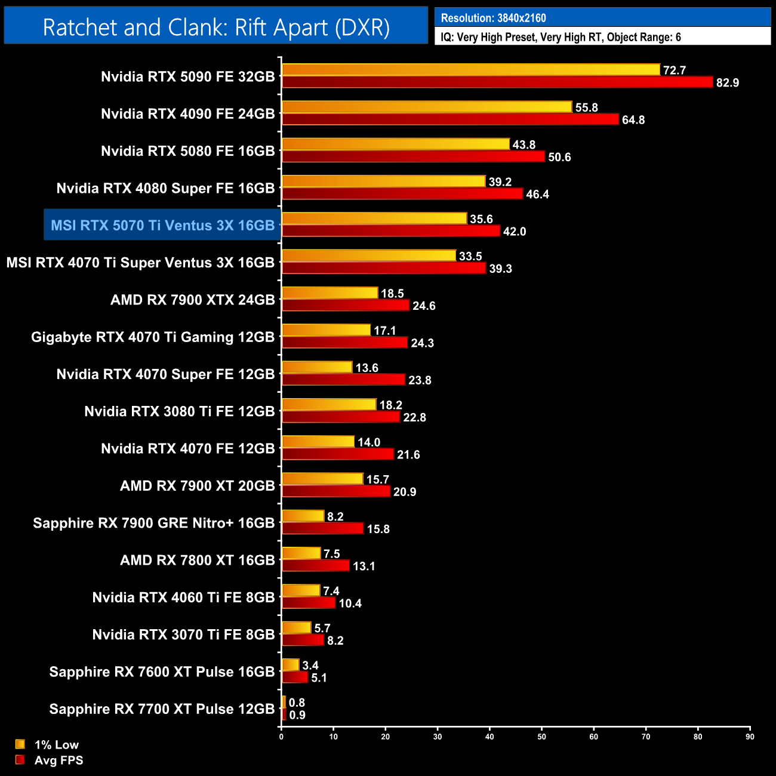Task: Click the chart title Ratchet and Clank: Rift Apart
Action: pyautogui.click(x=216, y=27)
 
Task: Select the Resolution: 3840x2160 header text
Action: pyautogui.click(x=493, y=18)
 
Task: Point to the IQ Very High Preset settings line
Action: pyautogui.click(x=561, y=37)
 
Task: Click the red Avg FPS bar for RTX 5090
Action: pyautogui.click(x=497, y=82)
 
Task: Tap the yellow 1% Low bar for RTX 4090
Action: pyautogui.click(x=427, y=107)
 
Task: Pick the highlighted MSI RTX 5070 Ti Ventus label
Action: pyautogui.click(x=162, y=225)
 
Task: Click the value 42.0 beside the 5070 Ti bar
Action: pyautogui.click(x=515, y=232)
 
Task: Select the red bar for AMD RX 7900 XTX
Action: pyautogui.click(x=346, y=306)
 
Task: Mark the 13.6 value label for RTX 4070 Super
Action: pyautogui.click(x=367, y=368)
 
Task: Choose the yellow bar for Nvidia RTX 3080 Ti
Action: pyautogui.click(x=329, y=405)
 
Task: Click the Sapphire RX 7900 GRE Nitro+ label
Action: pyautogui.click(x=154, y=523)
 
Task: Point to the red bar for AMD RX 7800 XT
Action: pyautogui.click(x=316, y=565)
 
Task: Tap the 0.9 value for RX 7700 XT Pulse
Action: pyautogui.click(x=297, y=715)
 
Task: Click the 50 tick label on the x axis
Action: pyautogui.click(x=541, y=737)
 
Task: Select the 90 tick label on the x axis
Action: pyautogui.click(x=750, y=737)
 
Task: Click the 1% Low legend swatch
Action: pyautogui.click(x=20, y=744)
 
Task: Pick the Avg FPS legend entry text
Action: pyautogui.click(x=58, y=760)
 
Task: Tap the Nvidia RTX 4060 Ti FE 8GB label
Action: pyautogui.click(x=183, y=598)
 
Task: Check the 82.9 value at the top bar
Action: pyautogui.click(x=728, y=82)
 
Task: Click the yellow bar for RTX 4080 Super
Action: pyautogui.click(x=383, y=181)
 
